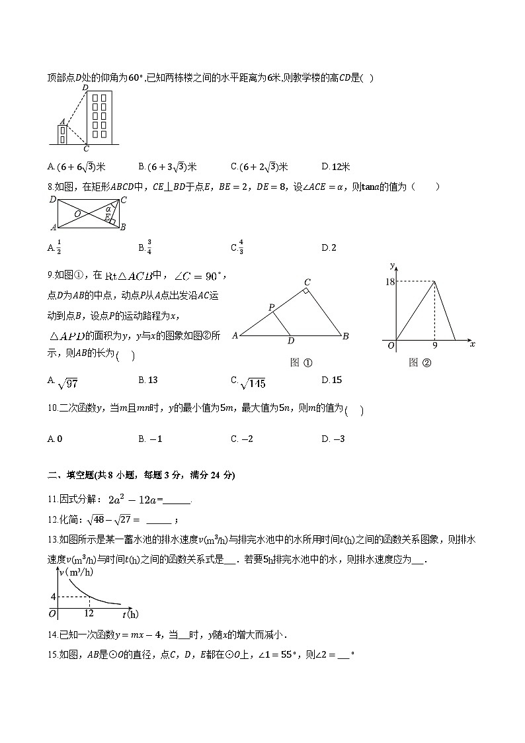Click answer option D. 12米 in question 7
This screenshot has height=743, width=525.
(336, 167)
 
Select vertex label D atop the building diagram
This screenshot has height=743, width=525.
(85, 87)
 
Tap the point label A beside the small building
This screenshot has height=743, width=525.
(62, 122)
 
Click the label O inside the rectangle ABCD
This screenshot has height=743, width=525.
(78, 214)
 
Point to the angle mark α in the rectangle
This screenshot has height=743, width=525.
(108, 209)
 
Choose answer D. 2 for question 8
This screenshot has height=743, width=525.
(329, 248)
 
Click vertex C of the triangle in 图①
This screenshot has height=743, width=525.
(307, 283)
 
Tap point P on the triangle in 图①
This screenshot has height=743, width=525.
(271, 308)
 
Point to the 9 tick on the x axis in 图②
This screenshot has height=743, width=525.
(434, 345)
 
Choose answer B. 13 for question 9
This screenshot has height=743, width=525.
(148, 380)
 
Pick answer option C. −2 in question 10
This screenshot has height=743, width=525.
(242, 439)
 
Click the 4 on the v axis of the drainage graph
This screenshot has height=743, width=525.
(53, 597)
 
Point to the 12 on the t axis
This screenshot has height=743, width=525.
(89, 613)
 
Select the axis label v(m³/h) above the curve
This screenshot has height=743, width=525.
(76, 572)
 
